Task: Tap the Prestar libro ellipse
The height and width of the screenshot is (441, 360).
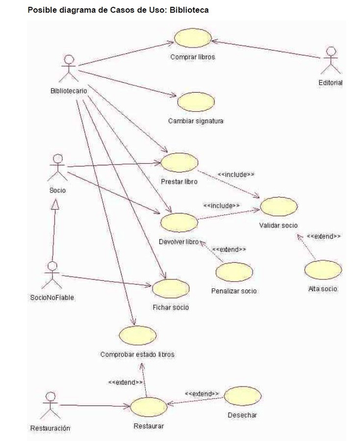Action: (179, 162)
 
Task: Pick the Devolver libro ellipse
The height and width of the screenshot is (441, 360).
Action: (179, 223)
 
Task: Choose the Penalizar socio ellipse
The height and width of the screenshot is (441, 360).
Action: (234, 272)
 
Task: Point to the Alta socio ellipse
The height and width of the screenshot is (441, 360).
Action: (323, 270)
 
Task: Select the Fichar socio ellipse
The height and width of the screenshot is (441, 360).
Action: (170, 288)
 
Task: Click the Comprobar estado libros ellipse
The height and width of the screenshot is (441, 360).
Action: (137, 335)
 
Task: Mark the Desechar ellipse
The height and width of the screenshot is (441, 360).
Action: (242, 396)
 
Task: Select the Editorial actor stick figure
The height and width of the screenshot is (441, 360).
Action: (330, 60)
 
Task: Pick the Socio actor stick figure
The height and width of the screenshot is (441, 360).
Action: (57, 167)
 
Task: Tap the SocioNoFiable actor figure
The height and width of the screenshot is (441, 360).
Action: (51, 275)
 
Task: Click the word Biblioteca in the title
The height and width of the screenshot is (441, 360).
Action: (190, 10)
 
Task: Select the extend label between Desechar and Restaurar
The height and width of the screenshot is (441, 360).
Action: (201, 394)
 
